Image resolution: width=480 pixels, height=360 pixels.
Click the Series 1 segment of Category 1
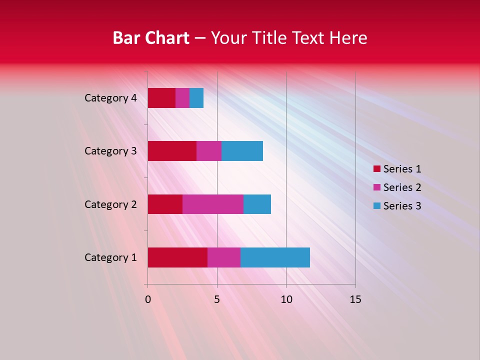(177, 257)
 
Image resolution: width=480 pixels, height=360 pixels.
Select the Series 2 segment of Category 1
(224, 257)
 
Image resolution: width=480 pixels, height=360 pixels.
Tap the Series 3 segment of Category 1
(275, 257)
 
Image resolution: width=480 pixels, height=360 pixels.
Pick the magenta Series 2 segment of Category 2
(213, 204)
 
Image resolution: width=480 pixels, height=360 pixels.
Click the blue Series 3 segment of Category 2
(257, 204)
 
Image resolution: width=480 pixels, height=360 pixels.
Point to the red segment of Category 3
(172, 151)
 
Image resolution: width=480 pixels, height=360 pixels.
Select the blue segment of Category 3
(242, 151)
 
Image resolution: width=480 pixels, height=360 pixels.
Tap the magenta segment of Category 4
(182, 98)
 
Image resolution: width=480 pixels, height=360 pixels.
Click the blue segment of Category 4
(196, 98)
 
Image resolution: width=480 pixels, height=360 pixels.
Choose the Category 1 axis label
(110, 257)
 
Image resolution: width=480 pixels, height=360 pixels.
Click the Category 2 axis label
(110, 204)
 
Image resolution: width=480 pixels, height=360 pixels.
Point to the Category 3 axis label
(110, 151)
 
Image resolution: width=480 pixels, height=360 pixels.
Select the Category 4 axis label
(110, 98)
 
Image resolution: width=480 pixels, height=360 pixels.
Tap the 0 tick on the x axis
(148, 299)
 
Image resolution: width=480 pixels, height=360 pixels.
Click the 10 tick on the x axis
(286, 299)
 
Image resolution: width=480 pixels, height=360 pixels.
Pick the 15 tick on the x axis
(355, 299)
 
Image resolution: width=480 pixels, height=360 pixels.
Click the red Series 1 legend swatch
(376, 169)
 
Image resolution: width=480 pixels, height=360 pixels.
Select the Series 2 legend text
(402, 187)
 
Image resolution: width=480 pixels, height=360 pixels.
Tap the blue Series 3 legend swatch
(376, 206)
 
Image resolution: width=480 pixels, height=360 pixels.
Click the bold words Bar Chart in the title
(151, 38)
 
